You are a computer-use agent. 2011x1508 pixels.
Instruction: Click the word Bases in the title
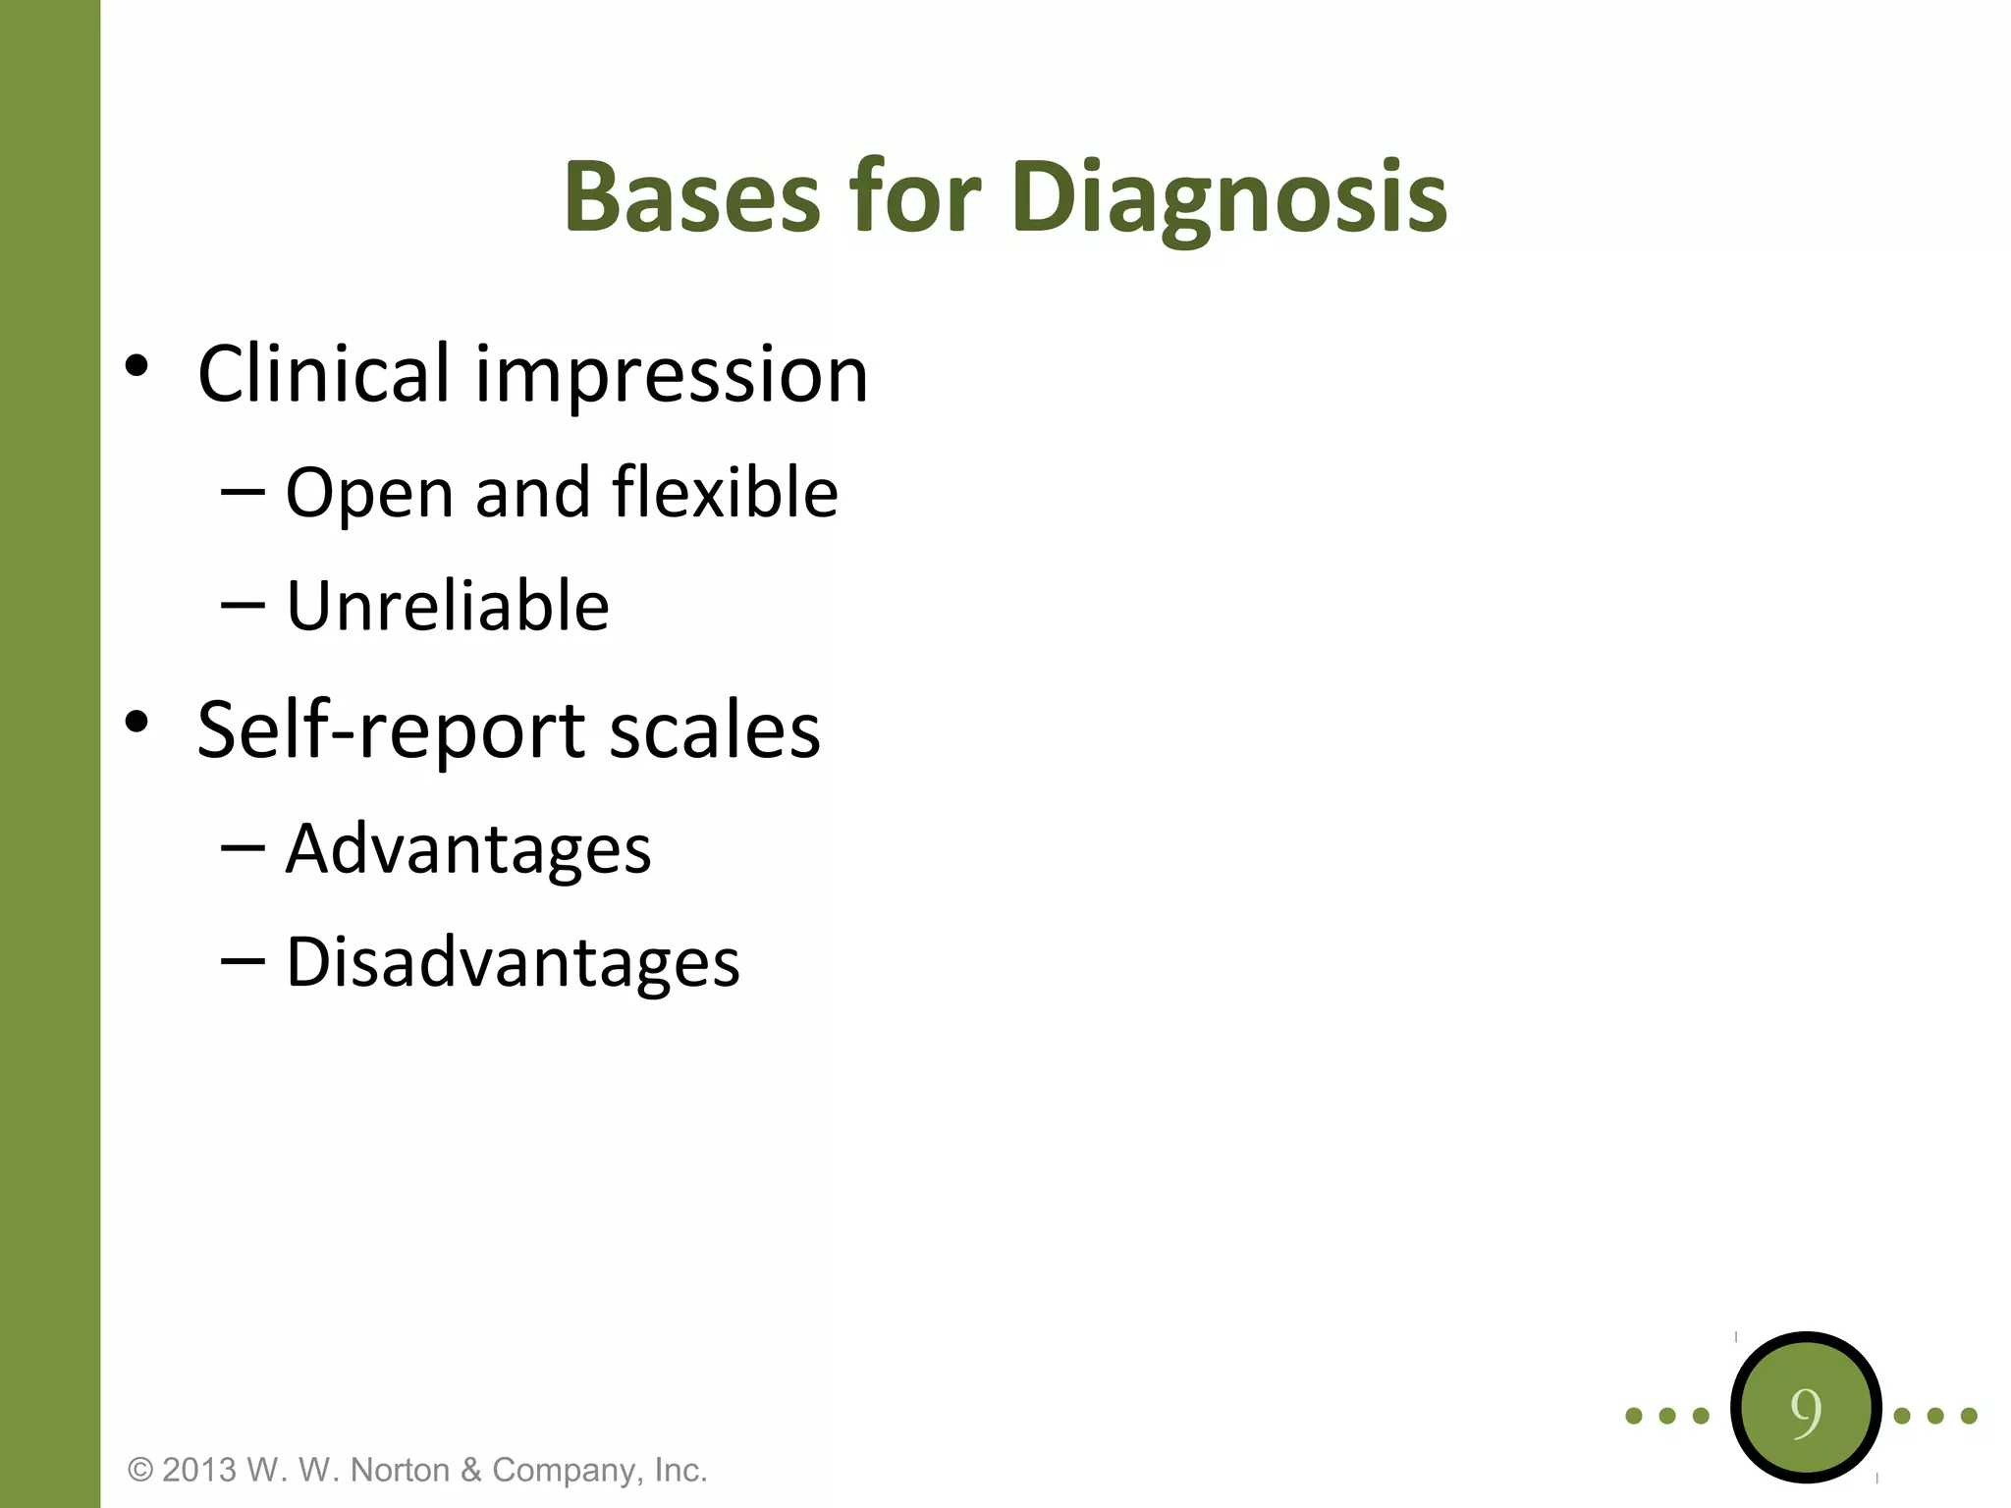[691, 198]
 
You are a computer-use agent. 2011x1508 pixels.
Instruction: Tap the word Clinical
[324, 374]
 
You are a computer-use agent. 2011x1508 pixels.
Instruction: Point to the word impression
[672, 376]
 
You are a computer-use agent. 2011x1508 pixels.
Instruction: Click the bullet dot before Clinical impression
[137, 366]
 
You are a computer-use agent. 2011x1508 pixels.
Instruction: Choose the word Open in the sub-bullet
[369, 494]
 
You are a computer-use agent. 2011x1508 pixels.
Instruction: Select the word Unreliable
[448, 606]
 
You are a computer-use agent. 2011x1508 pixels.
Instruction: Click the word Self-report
[392, 731]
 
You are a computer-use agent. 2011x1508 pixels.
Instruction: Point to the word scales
[715, 731]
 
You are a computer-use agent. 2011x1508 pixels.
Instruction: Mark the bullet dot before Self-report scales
[137, 723]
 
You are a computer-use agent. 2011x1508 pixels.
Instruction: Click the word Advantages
[468, 849]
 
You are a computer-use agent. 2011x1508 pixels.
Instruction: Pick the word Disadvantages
[513, 962]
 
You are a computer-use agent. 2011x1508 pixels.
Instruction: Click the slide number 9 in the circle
[1805, 1411]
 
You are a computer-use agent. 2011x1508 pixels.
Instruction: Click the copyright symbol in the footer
[141, 1470]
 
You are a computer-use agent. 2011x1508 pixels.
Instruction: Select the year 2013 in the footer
[199, 1470]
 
